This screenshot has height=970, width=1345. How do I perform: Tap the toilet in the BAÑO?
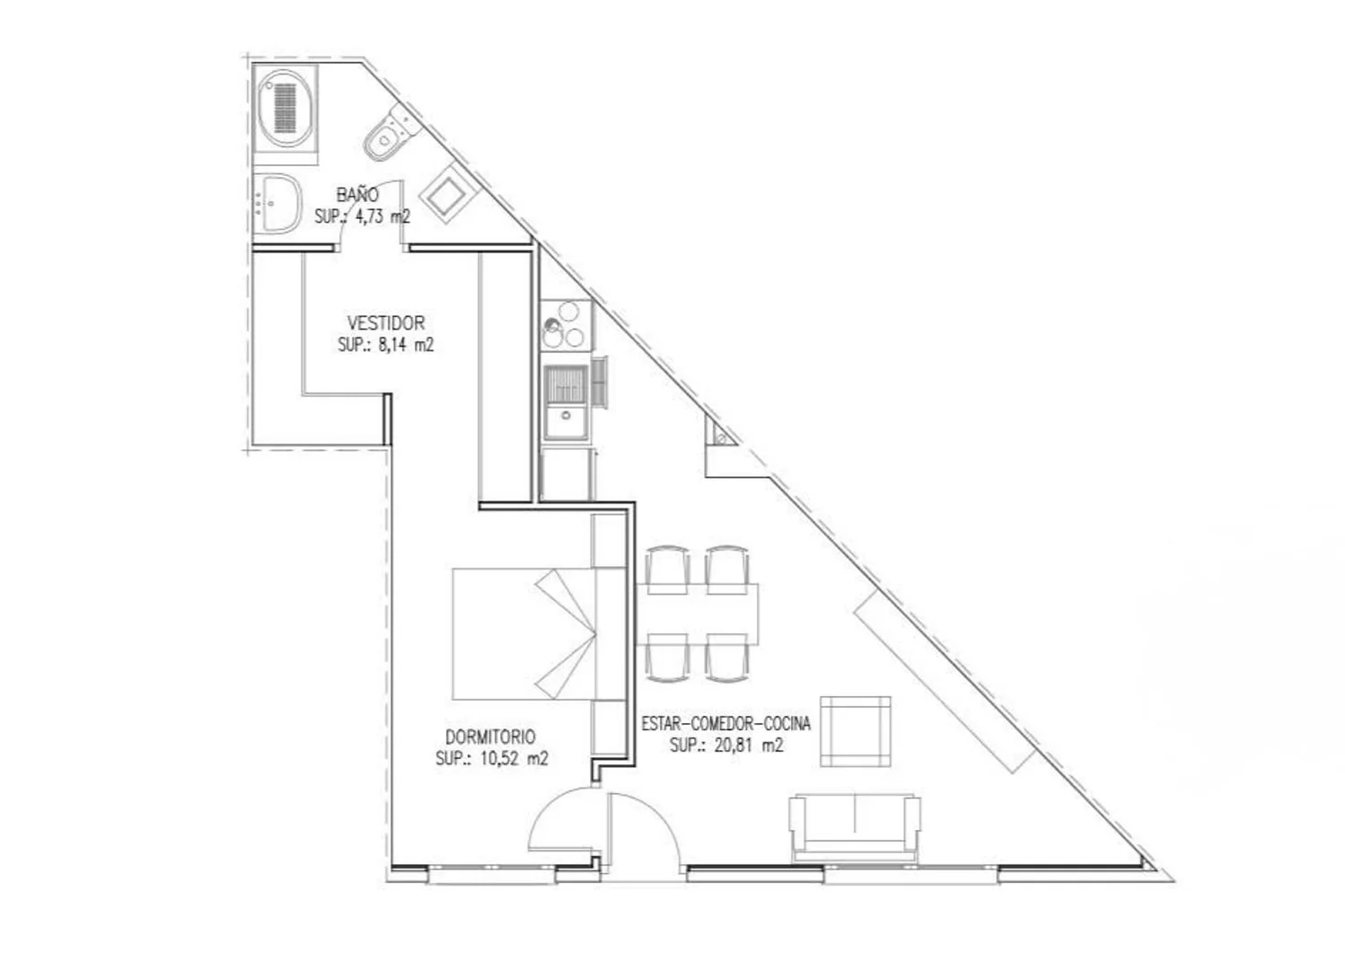pyautogui.click(x=391, y=132)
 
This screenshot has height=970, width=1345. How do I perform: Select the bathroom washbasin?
pyautogui.click(x=277, y=204)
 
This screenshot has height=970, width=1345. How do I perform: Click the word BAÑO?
pyautogui.click(x=357, y=195)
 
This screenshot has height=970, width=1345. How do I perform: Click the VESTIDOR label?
pyautogui.click(x=386, y=323)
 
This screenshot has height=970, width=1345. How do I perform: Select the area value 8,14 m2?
pyautogui.click(x=405, y=346)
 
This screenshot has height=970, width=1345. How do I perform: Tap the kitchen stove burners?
pyautogui.click(x=566, y=325)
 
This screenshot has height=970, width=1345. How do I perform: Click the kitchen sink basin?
pyautogui.click(x=565, y=402)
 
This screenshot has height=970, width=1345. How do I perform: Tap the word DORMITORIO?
pyautogui.click(x=490, y=736)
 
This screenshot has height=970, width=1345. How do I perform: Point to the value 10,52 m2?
pyautogui.click(x=514, y=759)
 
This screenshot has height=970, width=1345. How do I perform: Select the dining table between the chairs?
pyautogui.click(x=697, y=613)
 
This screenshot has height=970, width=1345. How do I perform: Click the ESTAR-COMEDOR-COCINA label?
pyautogui.click(x=726, y=723)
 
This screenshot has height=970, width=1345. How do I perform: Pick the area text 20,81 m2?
pyautogui.click(x=749, y=745)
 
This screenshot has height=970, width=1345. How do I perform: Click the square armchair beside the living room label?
pyautogui.click(x=856, y=731)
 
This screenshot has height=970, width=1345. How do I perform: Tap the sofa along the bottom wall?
pyautogui.click(x=855, y=827)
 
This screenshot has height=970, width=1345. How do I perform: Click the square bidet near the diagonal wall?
pyautogui.click(x=449, y=193)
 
